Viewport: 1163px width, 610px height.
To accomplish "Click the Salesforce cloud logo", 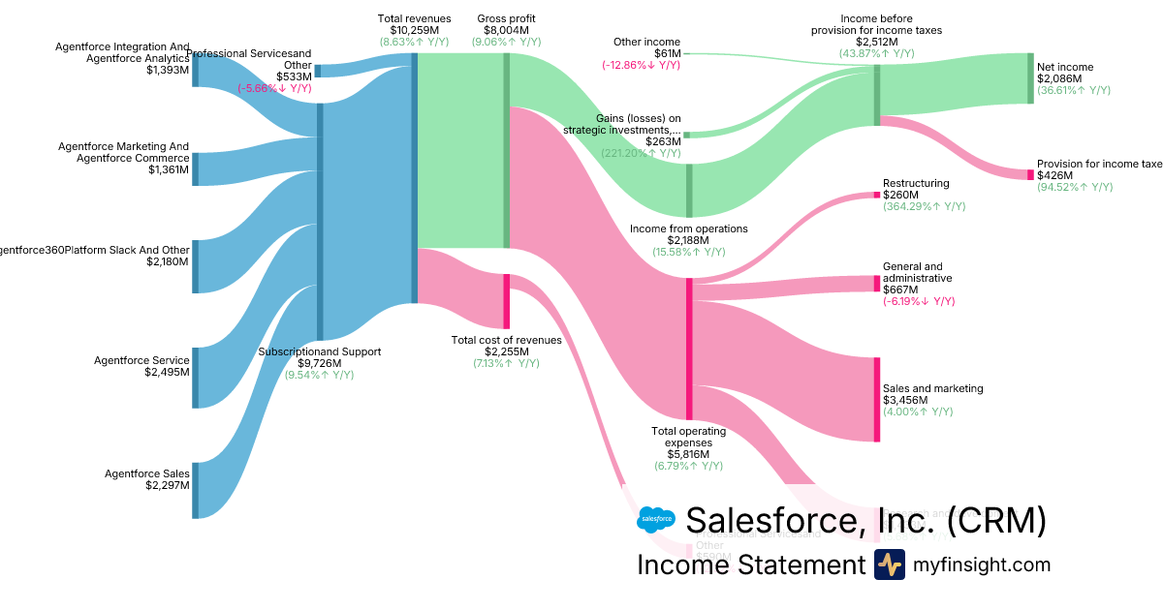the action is [x=656, y=521].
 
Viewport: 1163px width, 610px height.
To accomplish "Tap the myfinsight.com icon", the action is [x=889, y=564].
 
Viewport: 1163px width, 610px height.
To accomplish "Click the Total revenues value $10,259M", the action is [x=414, y=30].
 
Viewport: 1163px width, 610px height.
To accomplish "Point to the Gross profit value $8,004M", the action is [x=506, y=30].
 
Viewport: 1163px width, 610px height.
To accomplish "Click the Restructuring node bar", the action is [x=877, y=195].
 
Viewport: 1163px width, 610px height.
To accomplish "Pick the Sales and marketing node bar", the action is [x=877, y=400].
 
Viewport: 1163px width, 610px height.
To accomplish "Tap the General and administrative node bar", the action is [x=877, y=284].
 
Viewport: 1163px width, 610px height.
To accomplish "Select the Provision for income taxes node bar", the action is [x=1031, y=175].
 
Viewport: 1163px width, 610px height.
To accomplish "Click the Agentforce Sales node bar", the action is [x=195, y=491].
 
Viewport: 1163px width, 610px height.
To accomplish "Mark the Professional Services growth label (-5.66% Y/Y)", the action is [x=274, y=88].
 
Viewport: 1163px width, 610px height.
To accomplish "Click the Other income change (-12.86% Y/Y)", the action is [x=641, y=65].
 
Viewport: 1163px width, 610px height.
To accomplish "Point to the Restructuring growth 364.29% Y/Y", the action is [x=924, y=206].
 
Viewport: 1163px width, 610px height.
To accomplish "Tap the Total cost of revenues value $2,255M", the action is [x=506, y=351].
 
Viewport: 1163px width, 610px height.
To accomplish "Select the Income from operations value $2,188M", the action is [x=689, y=240].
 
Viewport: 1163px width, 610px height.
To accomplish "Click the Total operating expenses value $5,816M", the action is [x=689, y=454].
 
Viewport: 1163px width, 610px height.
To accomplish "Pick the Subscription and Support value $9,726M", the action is [x=319, y=363].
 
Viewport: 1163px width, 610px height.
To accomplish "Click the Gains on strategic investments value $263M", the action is [x=663, y=141].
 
